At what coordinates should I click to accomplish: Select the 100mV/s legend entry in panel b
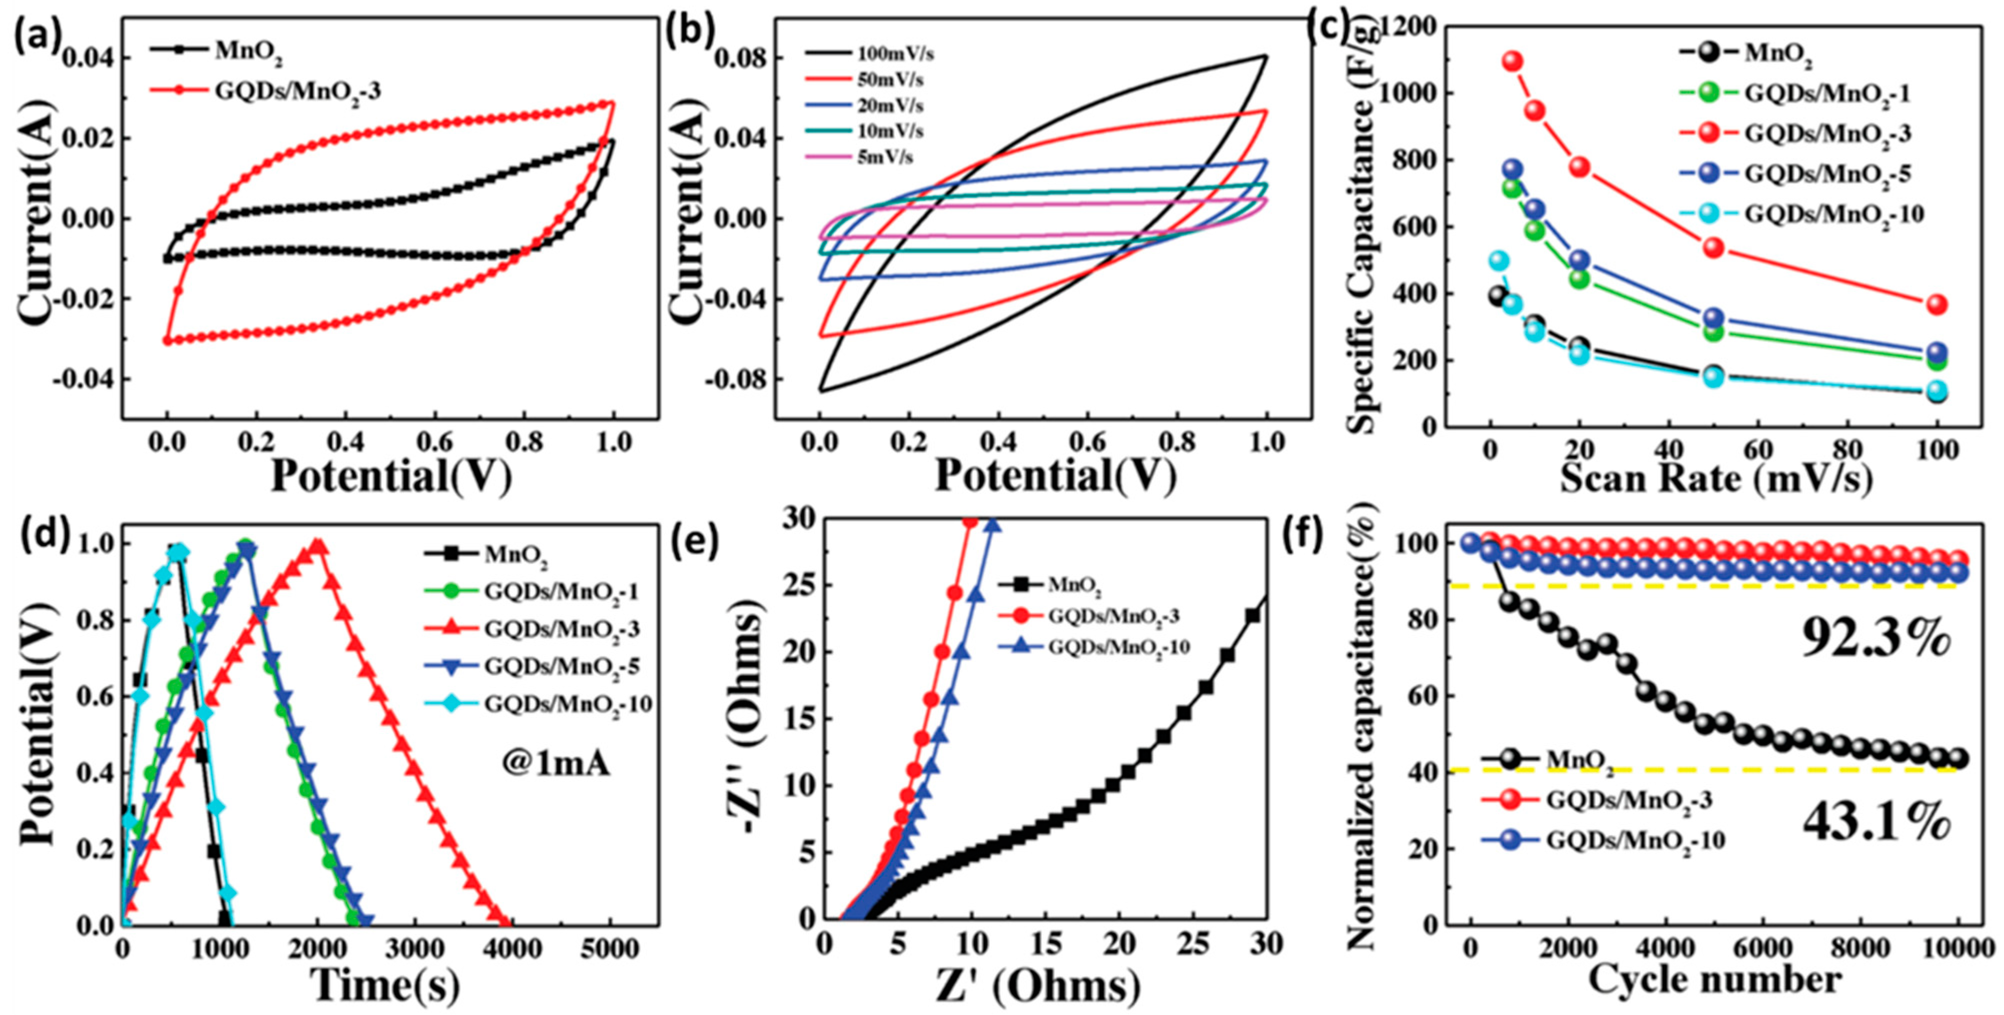click(x=895, y=55)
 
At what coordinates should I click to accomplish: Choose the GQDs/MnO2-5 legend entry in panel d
click(x=562, y=666)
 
